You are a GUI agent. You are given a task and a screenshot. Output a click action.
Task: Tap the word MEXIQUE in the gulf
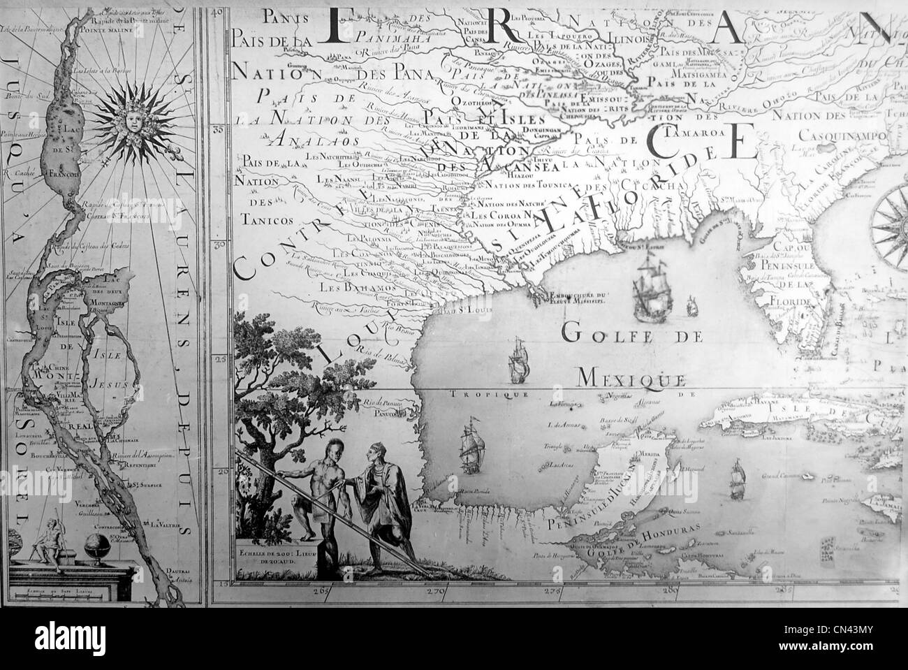click(631, 379)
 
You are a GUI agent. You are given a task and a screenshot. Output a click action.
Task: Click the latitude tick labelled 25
click(219, 360)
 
